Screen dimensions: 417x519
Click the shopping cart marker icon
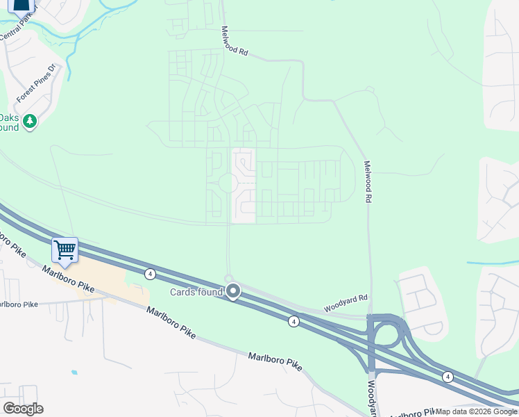tap(65, 250)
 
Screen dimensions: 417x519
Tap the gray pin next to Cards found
tap(233, 292)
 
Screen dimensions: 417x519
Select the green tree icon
tap(29, 122)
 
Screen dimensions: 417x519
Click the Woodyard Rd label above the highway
tap(346, 303)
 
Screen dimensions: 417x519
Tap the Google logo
tap(23, 409)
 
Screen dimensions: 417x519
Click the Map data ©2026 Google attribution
tap(476, 411)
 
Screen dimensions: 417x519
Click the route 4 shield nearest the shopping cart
tap(150, 274)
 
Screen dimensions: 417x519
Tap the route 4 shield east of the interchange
tap(448, 377)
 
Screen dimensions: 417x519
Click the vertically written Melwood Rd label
tap(368, 182)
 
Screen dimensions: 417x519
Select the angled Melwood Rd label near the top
tap(235, 41)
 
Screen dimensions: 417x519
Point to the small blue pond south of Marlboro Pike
tap(74, 373)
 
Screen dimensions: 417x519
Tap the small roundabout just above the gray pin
tap(228, 279)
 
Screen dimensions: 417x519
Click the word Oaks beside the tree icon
tap(8, 117)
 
